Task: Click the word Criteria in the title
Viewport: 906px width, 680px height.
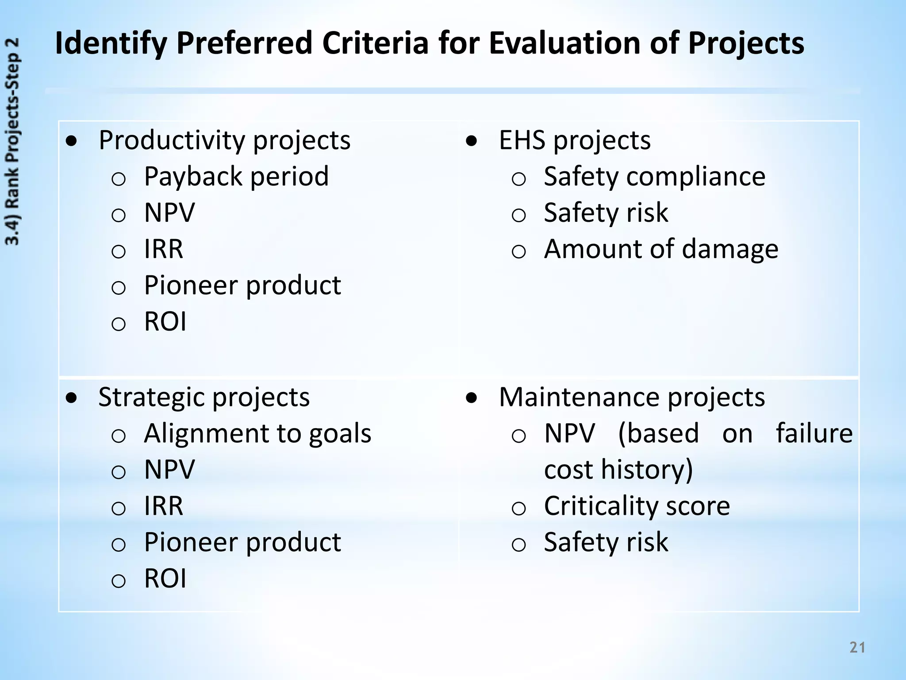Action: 375,43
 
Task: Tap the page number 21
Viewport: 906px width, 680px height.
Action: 857,647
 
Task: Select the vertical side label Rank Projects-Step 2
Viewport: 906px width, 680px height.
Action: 12,142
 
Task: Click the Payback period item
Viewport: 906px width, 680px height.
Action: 236,177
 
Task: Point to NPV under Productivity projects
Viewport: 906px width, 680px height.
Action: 169,213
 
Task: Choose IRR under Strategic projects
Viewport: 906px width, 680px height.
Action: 163,506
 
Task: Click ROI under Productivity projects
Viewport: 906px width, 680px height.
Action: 165,321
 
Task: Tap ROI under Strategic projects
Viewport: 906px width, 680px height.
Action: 165,579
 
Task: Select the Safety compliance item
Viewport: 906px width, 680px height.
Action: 654,177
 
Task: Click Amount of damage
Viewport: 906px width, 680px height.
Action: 661,249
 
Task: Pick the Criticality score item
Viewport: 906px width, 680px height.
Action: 637,506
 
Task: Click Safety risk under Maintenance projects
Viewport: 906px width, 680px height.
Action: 606,542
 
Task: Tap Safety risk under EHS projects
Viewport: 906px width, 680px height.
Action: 606,213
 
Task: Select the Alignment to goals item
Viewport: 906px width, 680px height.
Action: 257,433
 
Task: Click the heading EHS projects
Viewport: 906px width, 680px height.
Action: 575,141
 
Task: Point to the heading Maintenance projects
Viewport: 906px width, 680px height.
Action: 632,397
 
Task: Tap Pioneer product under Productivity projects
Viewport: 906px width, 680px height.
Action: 242,286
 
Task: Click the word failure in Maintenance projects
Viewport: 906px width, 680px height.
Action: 814,433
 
